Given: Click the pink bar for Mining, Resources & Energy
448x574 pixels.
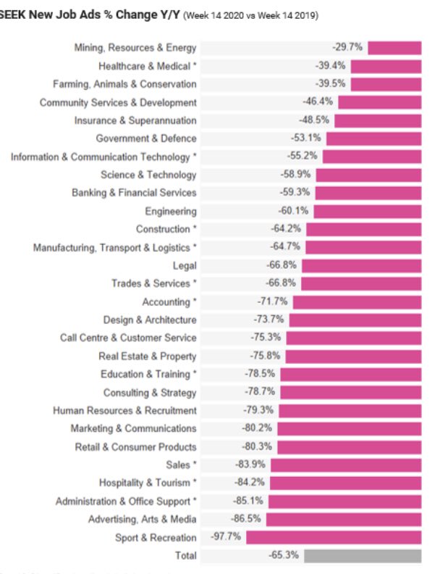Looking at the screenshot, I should coord(394,48).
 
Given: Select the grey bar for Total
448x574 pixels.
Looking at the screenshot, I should coord(363,556).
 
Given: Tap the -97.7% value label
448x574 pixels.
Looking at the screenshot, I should coord(226,537).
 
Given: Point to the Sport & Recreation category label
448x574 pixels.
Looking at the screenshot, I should coord(156,538).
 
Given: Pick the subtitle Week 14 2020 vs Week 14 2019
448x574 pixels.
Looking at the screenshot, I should coord(251,15).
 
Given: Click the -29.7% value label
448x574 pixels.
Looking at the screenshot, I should coord(347,47).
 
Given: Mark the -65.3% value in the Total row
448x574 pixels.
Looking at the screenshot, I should coord(283,556).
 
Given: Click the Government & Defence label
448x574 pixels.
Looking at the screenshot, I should coord(146,138).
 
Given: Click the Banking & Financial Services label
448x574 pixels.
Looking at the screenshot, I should coord(134,193).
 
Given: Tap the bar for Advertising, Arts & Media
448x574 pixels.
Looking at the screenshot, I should coord(344,520).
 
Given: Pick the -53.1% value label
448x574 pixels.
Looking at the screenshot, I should coord(305,138).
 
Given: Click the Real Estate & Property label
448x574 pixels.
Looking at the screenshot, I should coord(148,356).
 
